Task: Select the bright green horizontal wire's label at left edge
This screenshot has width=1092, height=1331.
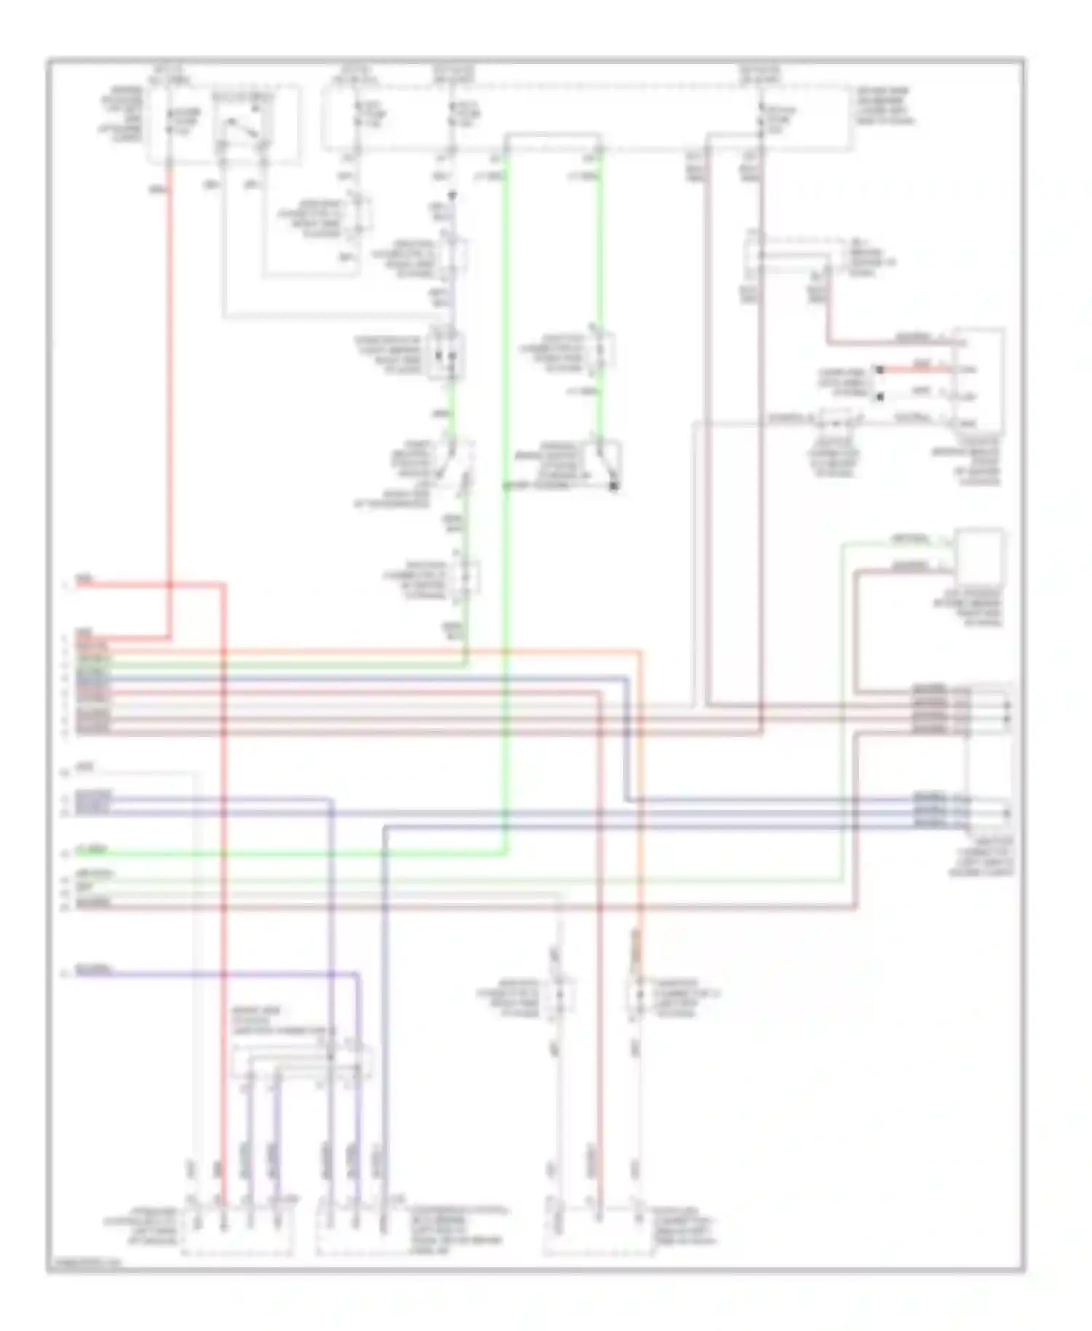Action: click(x=93, y=850)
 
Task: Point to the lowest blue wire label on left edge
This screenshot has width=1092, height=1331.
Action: click(x=93, y=971)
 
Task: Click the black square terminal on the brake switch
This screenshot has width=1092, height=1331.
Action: click(x=614, y=486)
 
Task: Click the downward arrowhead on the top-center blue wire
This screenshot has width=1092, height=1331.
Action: click(x=452, y=195)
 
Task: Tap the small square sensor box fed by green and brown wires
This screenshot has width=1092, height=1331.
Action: click(x=978, y=557)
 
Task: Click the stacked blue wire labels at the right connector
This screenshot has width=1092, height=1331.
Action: click(x=930, y=810)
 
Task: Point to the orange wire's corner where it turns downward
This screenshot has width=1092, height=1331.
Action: click(x=641, y=652)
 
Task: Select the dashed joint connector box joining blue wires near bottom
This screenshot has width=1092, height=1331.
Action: click(x=301, y=1062)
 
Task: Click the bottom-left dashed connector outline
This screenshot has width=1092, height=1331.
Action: click(x=238, y=1230)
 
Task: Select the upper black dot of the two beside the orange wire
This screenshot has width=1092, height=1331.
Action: click(x=879, y=370)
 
